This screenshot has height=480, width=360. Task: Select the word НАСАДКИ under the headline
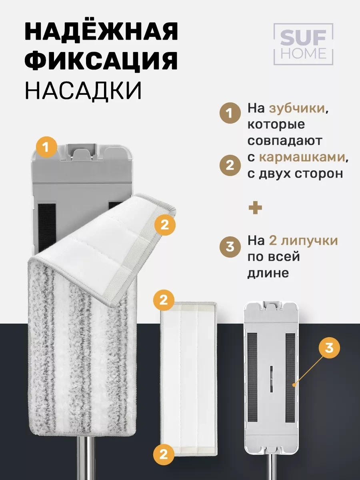click(x=83, y=90)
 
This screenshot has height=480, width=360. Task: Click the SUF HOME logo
click(x=303, y=44)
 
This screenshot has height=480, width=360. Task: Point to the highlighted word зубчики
click(x=297, y=109)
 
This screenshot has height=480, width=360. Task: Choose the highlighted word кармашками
click(x=302, y=158)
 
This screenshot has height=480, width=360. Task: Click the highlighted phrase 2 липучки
click(x=303, y=241)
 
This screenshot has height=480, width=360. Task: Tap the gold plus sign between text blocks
click(x=255, y=208)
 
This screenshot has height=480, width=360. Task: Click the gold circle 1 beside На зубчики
click(x=230, y=113)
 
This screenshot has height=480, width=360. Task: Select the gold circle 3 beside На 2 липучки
click(x=230, y=247)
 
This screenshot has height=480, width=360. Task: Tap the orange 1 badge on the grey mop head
click(x=46, y=147)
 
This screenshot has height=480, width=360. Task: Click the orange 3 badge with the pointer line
click(x=329, y=348)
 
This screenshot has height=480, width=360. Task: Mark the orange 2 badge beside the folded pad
click(x=165, y=225)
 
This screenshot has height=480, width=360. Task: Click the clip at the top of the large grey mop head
click(x=82, y=152)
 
